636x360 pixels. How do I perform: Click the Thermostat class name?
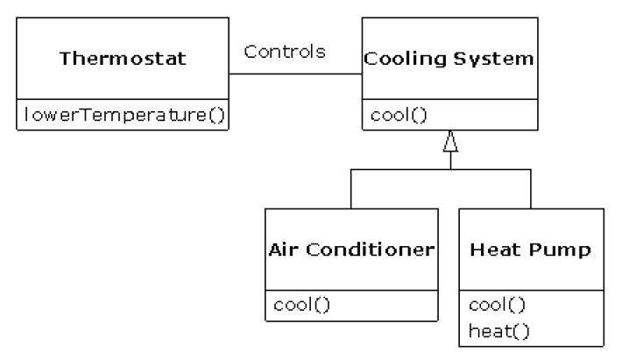coord(123,60)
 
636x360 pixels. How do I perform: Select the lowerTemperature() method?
coord(123,114)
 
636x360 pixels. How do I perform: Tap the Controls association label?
coord(285,51)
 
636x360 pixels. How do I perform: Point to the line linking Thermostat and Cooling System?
coord(295,74)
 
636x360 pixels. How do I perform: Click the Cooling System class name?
coord(449,60)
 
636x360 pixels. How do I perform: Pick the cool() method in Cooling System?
coord(393,114)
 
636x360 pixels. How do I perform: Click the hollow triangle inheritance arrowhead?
coord(450,140)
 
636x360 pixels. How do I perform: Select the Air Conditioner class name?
coord(350,249)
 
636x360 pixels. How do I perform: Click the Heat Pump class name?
coord(531,250)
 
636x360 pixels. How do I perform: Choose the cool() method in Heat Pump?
coord(497,305)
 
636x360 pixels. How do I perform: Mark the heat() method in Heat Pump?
coord(497,331)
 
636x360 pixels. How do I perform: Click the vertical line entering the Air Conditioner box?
coord(350,188)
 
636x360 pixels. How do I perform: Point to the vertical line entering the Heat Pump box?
coord(531,188)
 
